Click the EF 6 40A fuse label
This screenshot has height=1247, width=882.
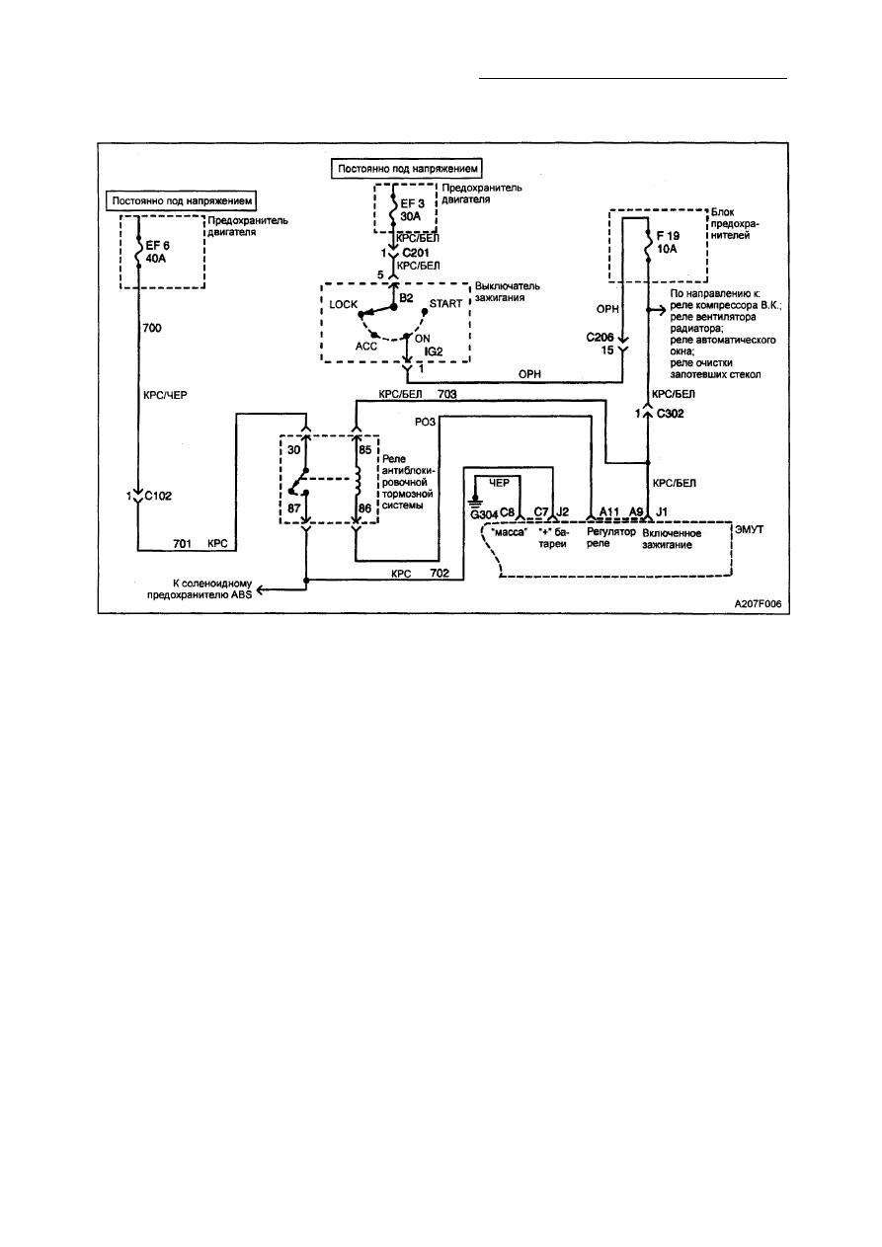[157, 252]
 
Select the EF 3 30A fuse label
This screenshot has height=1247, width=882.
[412, 210]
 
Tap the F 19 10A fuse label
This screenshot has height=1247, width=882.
[668, 242]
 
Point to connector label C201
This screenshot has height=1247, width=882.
[416, 253]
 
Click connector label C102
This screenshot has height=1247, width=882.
[158, 496]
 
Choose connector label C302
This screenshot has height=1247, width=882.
[670, 414]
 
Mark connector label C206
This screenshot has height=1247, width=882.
[600, 338]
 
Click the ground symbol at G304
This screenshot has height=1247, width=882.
[475, 501]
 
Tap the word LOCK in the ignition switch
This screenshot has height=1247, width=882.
[343, 304]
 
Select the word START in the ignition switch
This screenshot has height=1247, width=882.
[445, 303]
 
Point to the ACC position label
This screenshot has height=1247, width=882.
[365, 347]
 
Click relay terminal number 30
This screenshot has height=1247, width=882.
[293, 450]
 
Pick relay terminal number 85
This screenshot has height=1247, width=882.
[364, 448]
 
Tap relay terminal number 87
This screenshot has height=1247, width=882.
[293, 507]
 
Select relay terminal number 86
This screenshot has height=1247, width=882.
[364, 508]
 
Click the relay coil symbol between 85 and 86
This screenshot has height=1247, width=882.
[357, 480]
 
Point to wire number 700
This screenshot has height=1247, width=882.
[152, 328]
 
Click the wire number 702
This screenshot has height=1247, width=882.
[440, 573]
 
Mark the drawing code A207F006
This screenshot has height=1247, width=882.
[758, 604]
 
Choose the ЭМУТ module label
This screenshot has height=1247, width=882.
[749, 529]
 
